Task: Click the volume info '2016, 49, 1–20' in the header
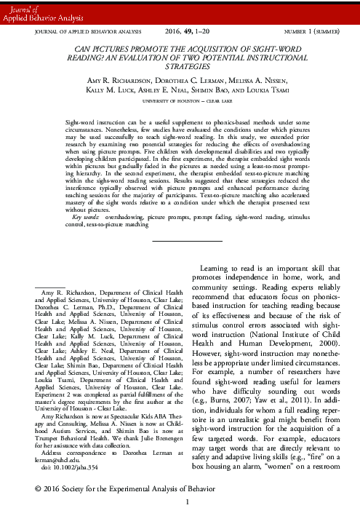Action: pos(179,32)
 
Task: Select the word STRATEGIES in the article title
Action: pos(180,74)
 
